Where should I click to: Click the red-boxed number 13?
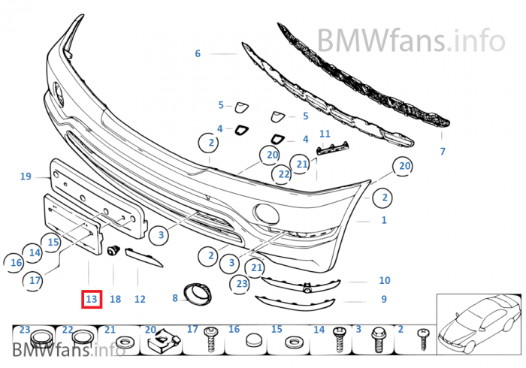tap(92, 299)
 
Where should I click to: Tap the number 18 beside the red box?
tap(115, 299)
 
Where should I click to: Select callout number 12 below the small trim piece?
tap(140, 299)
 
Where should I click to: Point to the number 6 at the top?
tap(198, 53)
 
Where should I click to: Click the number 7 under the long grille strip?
tap(443, 152)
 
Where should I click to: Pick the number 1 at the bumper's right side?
tap(384, 220)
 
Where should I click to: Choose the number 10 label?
tap(384, 280)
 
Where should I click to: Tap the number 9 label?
tap(383, 299)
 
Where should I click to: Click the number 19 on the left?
tap(26, 176)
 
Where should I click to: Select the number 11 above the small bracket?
tap(325, 134)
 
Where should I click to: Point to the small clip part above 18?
tap(115, 249)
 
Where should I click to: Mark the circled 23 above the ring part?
tap(241, 283)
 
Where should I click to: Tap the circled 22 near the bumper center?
tap(283, 174)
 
